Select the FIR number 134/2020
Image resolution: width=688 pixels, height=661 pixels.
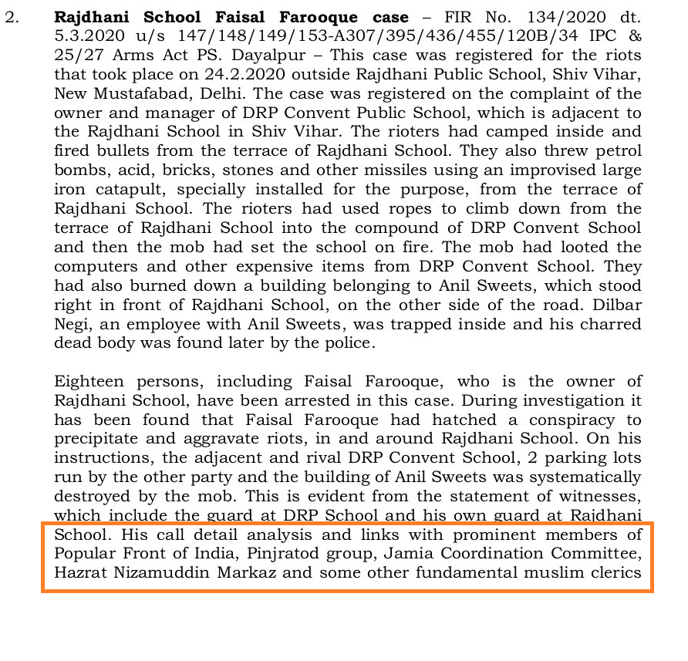click(x=553, y=16)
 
